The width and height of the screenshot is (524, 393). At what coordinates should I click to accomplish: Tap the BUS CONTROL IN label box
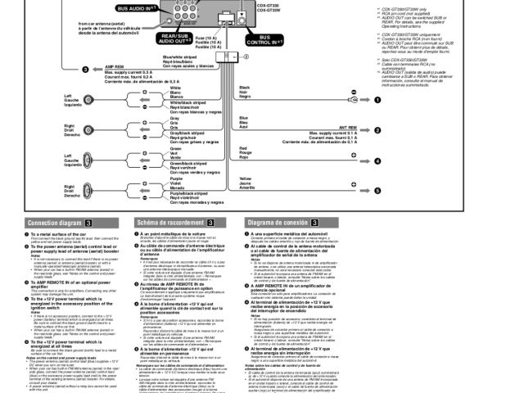265,38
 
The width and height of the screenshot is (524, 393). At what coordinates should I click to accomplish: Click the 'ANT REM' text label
346,128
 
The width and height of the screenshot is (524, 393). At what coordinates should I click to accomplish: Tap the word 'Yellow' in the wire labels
246,178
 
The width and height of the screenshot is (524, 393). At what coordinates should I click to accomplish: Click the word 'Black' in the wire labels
245,87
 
